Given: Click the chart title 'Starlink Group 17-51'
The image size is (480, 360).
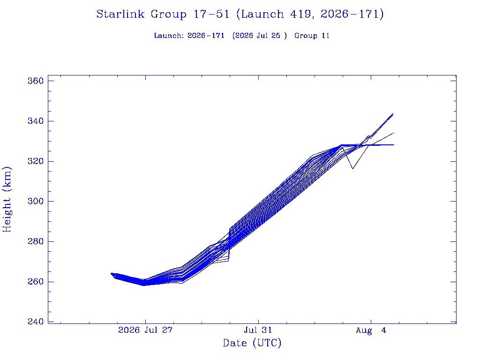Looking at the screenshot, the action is [163, 14].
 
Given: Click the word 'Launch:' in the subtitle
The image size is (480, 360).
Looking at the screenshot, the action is [169, 36].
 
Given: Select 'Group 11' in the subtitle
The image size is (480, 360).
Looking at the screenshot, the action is [312, 36].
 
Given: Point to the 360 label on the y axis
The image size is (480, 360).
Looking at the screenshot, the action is [36, 81].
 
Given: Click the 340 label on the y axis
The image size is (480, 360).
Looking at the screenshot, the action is [36, 121].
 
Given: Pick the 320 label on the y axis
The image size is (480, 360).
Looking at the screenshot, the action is [36, 161].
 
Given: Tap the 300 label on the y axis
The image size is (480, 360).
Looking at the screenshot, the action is [36, 201].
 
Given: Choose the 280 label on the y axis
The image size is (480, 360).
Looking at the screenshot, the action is [36, 241].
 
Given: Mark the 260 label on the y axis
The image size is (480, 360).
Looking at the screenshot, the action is [36, 281].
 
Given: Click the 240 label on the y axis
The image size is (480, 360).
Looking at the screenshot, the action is [36, 322].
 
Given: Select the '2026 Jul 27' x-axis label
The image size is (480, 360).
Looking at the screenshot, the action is [145, 330].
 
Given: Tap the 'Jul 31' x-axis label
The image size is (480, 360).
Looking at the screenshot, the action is [258, 330].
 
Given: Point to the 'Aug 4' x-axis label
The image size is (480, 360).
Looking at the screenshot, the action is [371, 330].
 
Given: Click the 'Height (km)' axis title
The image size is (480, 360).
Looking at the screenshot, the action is [7, 199].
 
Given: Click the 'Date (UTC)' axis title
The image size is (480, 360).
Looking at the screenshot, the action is [252, 343].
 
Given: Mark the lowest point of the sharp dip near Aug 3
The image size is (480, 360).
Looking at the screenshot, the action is [352, 169].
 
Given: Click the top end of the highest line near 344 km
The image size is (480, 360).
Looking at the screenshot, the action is [393, 113].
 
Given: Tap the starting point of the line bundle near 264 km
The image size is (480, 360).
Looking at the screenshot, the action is [111, 273].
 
